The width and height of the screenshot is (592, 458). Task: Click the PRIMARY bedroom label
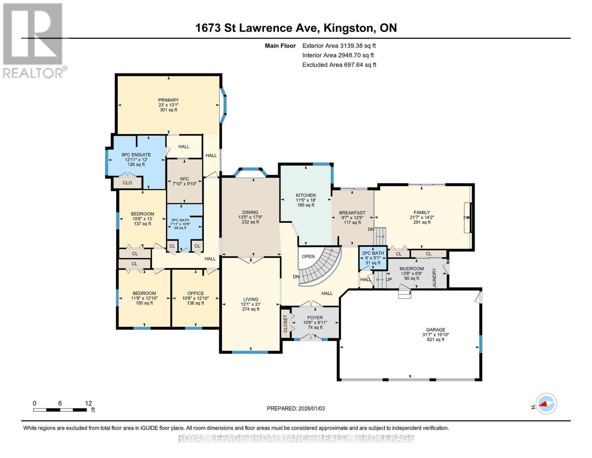168,100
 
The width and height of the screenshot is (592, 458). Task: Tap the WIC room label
184,179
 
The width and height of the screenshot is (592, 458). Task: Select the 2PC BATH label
373,253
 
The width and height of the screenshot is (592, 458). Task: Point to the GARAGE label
436,329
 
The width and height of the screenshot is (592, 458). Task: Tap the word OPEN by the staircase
308,256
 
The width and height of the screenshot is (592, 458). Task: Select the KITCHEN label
306,195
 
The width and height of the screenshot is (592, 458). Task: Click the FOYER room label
315,318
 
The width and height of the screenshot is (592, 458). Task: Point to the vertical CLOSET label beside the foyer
286,324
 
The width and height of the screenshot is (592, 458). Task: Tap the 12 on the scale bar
88,403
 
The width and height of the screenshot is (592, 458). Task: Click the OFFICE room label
195,294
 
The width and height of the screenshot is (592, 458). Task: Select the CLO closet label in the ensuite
127,183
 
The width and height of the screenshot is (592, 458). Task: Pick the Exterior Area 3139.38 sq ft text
339,46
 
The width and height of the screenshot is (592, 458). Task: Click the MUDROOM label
411,269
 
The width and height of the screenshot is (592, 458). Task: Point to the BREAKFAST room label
352,213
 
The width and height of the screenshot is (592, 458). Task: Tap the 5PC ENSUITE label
136,155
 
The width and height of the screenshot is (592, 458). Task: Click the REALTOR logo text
34,73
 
